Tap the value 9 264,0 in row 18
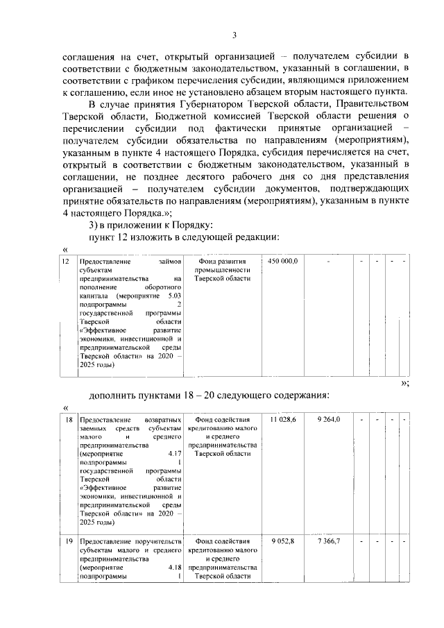click(x=328, y=420)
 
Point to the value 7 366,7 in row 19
click(x=328, y=541)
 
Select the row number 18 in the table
click(x=69, y=421)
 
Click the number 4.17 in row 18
click(x=174, y=455)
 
